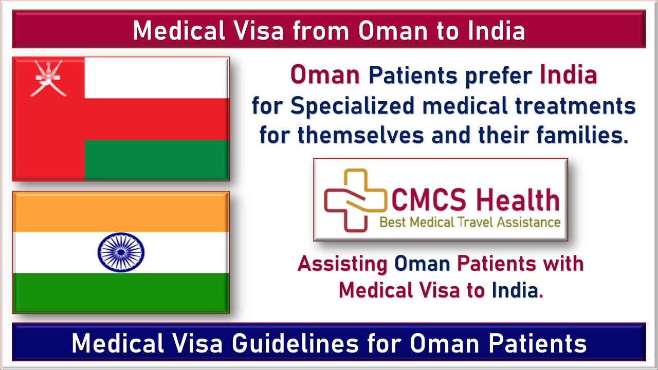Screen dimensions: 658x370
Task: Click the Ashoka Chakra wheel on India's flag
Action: tap(121, 252)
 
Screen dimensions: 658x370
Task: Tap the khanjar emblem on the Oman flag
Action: tap(48, 79)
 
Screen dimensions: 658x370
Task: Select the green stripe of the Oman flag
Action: tap(157, 160)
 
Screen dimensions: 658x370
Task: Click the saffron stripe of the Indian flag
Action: tap(121, 212)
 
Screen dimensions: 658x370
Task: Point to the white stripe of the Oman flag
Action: tap(157, 78)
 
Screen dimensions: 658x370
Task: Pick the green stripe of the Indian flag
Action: tap(121, 293)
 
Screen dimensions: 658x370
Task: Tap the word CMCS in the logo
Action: tap(429, 200)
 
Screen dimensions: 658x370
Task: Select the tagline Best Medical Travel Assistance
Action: tap(470, 223)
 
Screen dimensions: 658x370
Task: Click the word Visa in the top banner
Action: tap(259, 30)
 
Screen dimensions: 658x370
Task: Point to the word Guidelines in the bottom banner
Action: tap(295, 343)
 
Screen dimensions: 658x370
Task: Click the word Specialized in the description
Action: tap(353, 106)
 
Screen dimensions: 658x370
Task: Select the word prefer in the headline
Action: tap(499, 76)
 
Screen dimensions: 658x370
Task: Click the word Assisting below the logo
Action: tap(342, 264)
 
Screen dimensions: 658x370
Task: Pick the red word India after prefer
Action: tap(569, 75)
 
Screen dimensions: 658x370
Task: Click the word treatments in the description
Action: tap(575, 106)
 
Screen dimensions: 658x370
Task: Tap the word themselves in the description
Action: tap(361, 135)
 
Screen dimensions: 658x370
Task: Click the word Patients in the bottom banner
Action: tap(538, 343)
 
